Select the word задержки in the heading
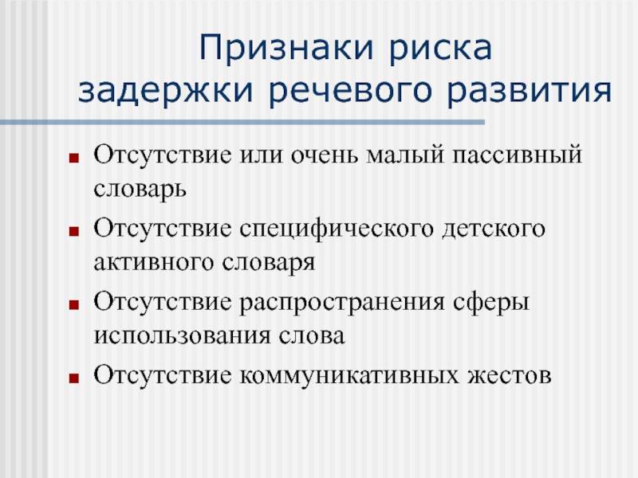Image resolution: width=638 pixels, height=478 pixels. click(x=166, y=91)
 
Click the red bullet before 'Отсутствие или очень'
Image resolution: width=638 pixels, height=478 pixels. click(x=73, y=158)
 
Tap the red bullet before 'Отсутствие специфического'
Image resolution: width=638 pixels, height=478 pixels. click(x=73, y=232)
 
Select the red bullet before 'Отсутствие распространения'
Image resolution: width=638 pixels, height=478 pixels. click(x=73, y=305)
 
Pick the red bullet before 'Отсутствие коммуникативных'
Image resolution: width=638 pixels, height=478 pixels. click(x=73, y=378)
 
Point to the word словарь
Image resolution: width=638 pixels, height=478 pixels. click(x=140, y=190)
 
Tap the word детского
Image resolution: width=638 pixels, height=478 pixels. click(x=493, y=230)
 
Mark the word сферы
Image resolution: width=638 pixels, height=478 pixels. click(x=491, y=304)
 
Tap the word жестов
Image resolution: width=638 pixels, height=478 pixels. click(x=509, y=376)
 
